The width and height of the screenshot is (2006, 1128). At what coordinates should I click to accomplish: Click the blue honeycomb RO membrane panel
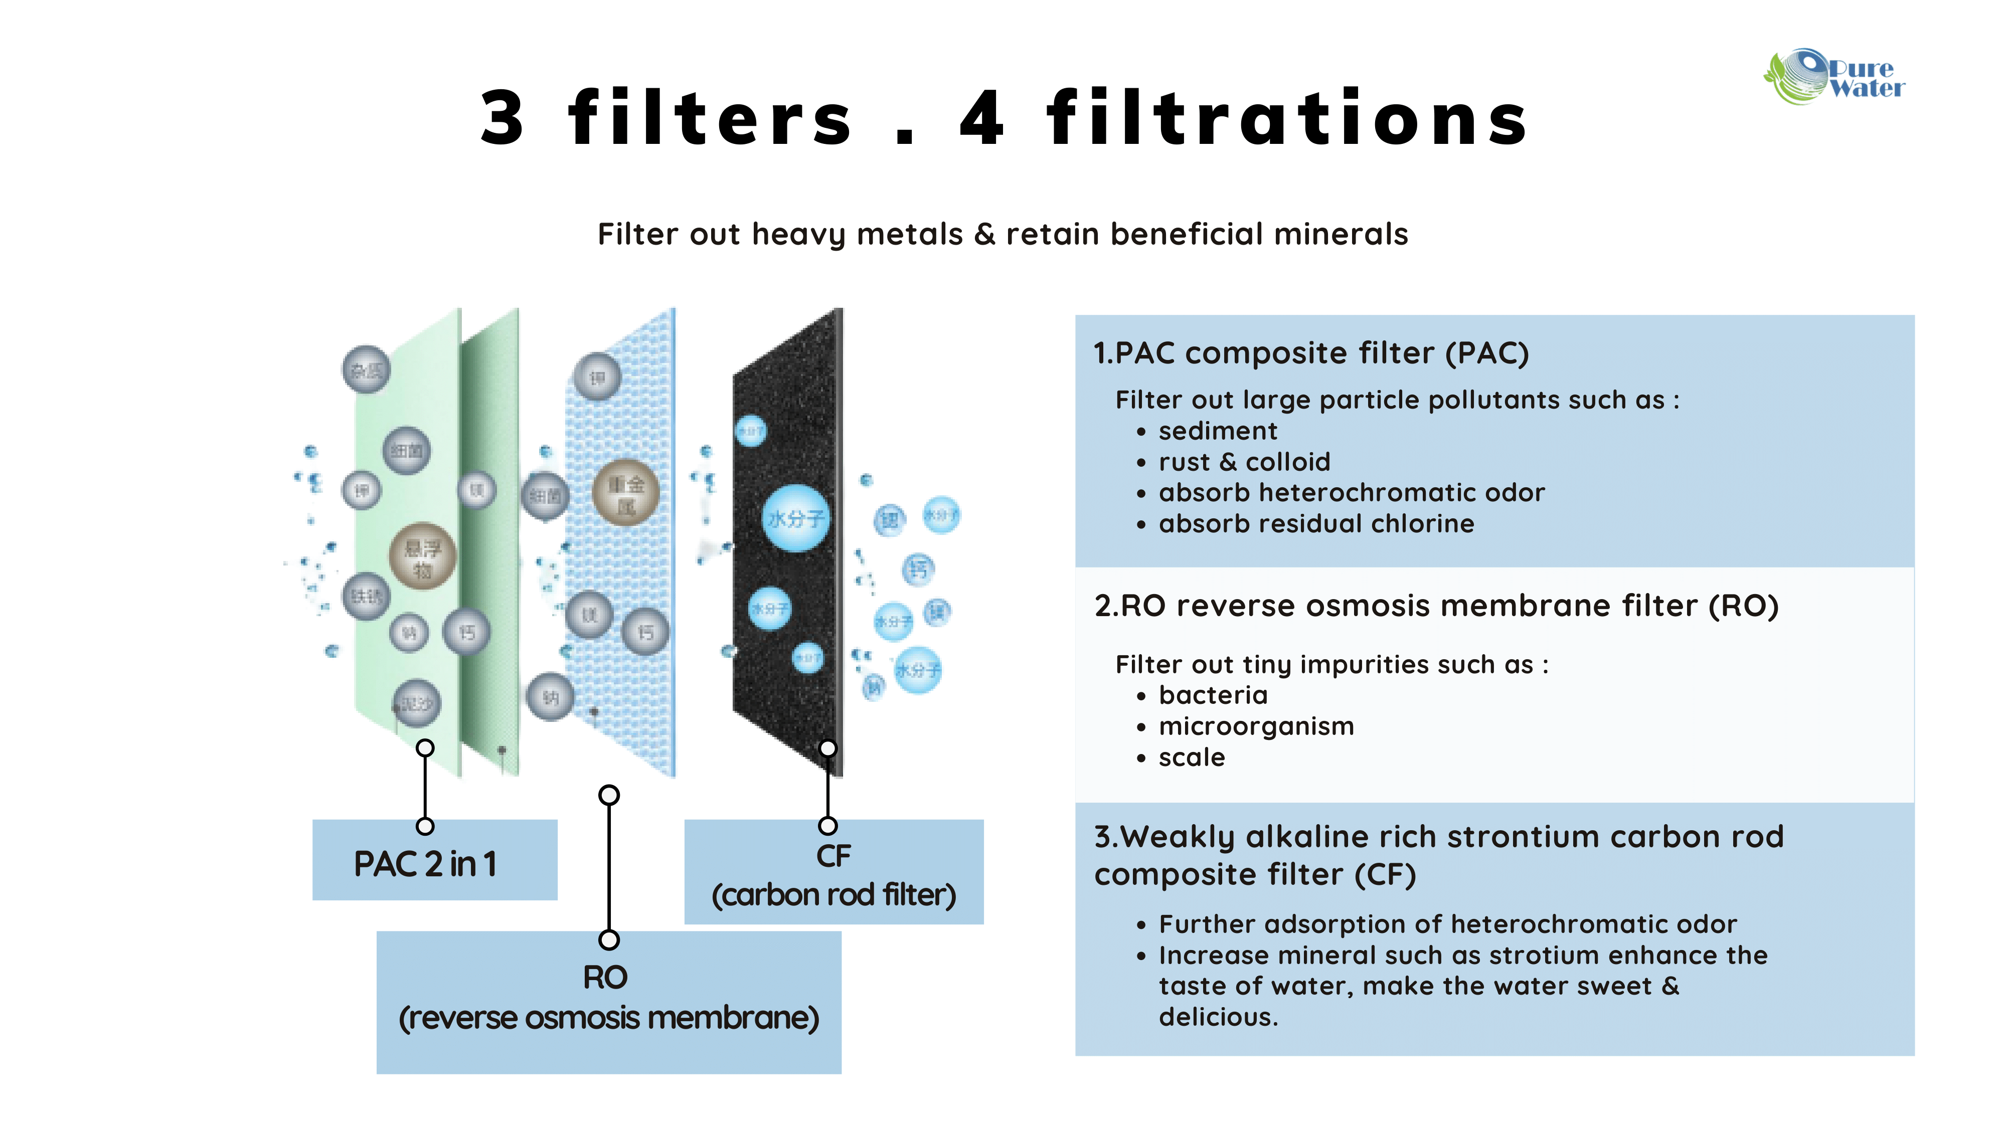[x=623, y=560]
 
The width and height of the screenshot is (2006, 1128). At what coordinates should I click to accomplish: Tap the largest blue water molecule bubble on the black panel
[x=795, y=518]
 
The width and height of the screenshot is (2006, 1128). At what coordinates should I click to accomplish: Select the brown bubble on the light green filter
[x=422, y=556]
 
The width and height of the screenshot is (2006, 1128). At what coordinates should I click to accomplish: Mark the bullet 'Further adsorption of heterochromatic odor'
[x=1447, y=924]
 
